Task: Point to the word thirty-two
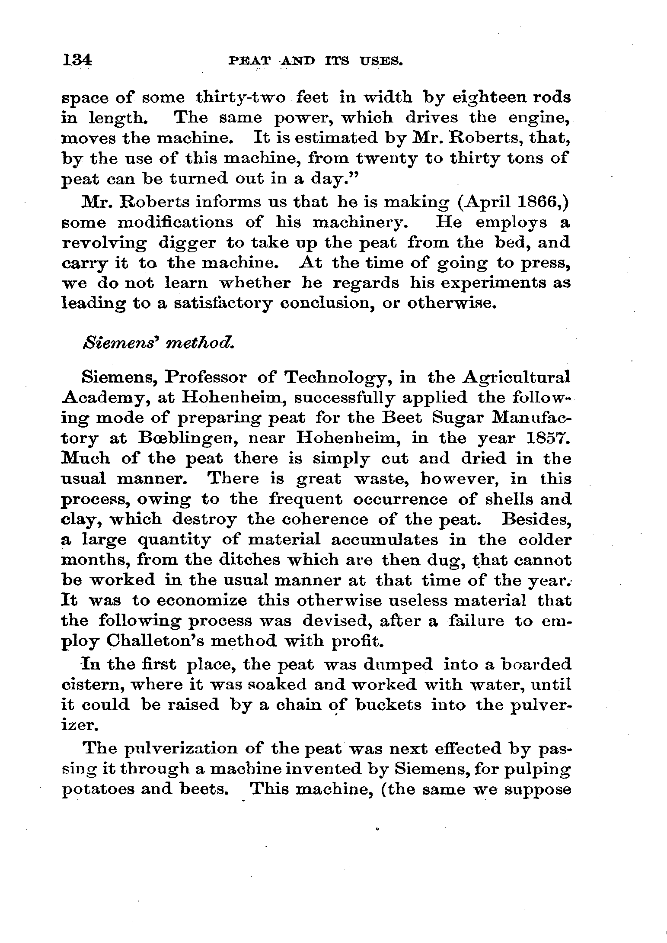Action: pos(241,98)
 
